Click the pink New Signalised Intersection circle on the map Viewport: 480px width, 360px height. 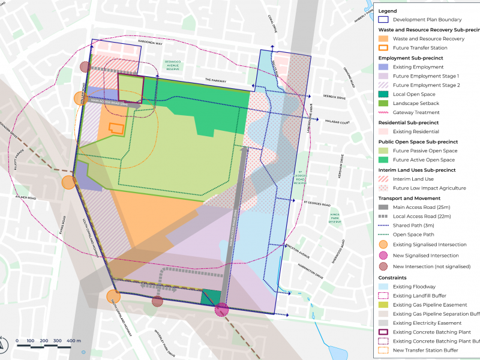click(x=221, y=310)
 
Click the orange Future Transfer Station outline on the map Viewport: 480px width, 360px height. click(x=116, y=128)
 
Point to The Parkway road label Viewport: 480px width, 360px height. click(x=214, y=80)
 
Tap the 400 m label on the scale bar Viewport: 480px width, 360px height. click(x=74, y=341)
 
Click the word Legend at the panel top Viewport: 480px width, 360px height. click(x=388, y=11)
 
